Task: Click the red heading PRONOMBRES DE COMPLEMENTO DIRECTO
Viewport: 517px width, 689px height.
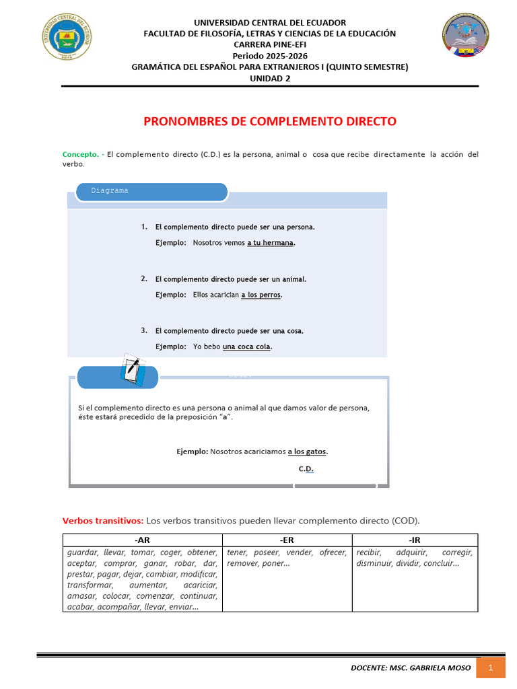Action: click(270, 122)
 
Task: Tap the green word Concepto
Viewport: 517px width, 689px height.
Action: click(80, 154)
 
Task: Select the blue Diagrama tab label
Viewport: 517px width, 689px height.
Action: click(110, 190)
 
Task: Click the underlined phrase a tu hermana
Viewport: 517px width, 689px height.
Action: click(271, 243)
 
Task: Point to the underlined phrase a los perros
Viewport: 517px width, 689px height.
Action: click(261, 295)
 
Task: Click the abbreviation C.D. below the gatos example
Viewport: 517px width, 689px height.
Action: click(306, 468)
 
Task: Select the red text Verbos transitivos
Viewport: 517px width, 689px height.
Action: click(102, 520)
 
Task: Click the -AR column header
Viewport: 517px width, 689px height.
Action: click(142, 540)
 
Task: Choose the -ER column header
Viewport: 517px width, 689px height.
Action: click(287, 540)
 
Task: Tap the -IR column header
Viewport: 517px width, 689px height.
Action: click(415, 540)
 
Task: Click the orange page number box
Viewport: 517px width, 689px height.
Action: click(491, 667)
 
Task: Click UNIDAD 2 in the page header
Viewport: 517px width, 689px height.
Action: click(270, 77)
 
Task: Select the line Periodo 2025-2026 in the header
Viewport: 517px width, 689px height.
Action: click(270, 55)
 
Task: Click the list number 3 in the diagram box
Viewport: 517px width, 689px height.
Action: click(144, 330)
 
